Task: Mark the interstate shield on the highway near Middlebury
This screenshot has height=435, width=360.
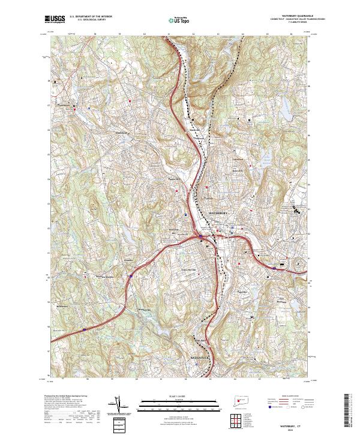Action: pyautogui.click(x=130, y=277)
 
